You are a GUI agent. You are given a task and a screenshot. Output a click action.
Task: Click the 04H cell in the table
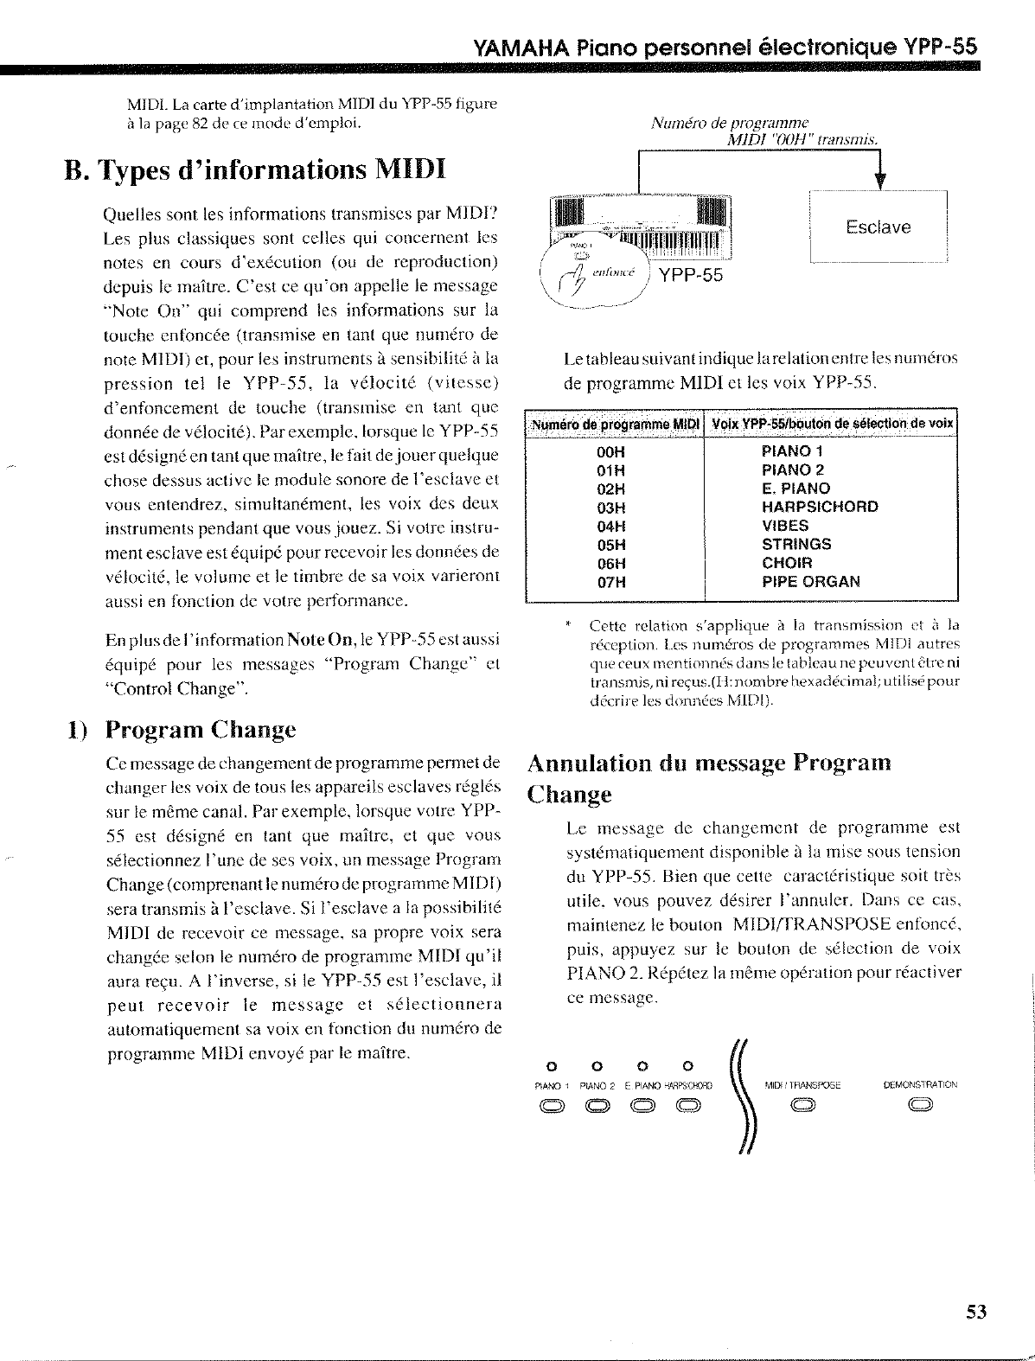pyautogui.click(x=611, y=526)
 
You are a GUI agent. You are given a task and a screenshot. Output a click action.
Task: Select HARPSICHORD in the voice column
pyautogui.click(x=819, y=507)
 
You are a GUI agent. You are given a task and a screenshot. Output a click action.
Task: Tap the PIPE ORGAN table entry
pyautogui.click(x=810, y=582)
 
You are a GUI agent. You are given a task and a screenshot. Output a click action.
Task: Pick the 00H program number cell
pyautogui.click(x=611, y=450)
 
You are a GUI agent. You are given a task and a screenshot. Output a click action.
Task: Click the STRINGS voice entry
pyautogui.click(x=795, y=544)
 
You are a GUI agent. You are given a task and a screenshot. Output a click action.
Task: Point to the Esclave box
pyautogui.click(x=878, y=227)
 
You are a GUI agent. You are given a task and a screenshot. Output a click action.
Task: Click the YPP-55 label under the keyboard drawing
pyautogui.click(x=690, y=276)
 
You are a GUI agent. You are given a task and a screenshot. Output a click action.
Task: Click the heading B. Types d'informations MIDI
pyautogui.click(x=254, y=168)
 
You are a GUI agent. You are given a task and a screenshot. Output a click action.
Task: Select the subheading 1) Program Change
pyautogui.click(x=182, y=729)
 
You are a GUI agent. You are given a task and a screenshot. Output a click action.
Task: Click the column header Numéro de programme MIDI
pyautogui.click(x=614, y=424)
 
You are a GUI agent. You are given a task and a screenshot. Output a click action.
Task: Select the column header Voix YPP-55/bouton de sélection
pyautogui.click(x=831, y=424)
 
